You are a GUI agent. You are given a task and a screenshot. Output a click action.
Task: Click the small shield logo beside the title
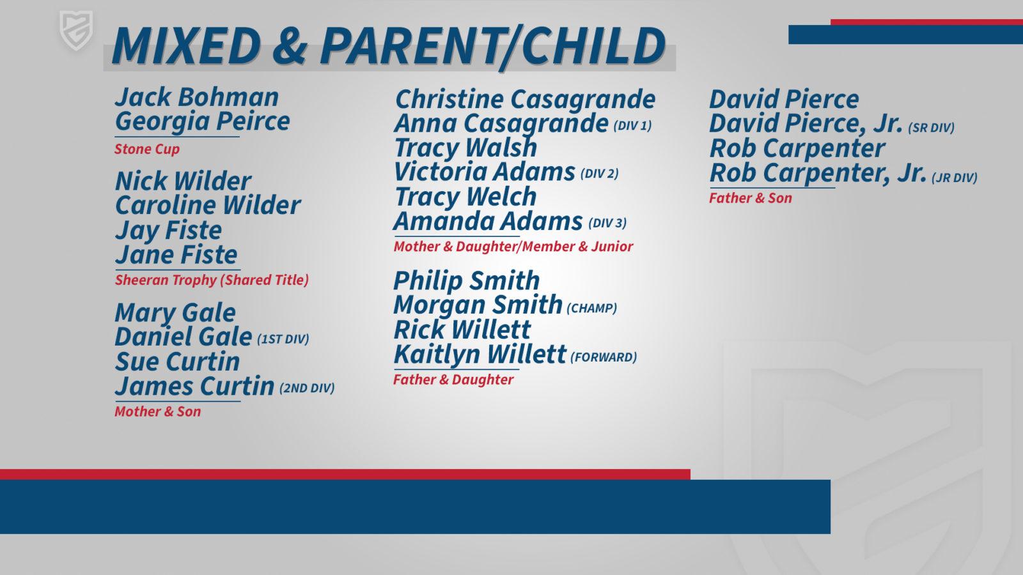(76, 30)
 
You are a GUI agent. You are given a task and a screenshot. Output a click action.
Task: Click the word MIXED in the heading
(186, 45)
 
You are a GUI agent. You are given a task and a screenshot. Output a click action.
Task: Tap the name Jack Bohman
(197, 97)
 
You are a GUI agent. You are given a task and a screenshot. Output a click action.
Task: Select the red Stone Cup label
(147, 149)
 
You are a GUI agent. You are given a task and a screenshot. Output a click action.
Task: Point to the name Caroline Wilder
(208, 205)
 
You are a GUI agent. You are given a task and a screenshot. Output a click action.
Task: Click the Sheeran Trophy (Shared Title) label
(212, 280)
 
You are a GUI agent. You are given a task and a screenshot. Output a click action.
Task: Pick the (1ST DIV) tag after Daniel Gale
(283, 339)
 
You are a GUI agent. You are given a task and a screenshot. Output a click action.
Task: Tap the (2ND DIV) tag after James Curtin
(307, 388)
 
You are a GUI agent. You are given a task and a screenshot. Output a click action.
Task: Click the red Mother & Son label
(157, 411)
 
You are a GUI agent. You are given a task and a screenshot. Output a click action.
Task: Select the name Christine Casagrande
(525, 100)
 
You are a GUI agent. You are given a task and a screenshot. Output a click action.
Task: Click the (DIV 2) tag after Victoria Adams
(599, 174)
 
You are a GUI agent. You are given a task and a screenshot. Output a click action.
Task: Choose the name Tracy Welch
(465, 197)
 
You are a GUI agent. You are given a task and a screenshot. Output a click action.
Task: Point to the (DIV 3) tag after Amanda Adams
(607, 223)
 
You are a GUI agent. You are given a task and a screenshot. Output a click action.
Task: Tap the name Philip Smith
(466, 280)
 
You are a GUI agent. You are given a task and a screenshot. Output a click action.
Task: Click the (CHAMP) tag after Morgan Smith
(592, 309)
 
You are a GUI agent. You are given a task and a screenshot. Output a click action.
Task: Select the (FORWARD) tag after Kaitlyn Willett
(604, 357)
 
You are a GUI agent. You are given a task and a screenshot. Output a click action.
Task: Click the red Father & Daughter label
(453, 379)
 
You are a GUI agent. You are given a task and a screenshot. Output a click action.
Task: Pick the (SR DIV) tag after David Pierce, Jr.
(931, 128)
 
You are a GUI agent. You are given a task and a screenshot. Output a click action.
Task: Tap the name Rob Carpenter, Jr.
(818, 173)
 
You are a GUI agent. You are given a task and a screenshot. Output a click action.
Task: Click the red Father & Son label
(751, 198)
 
